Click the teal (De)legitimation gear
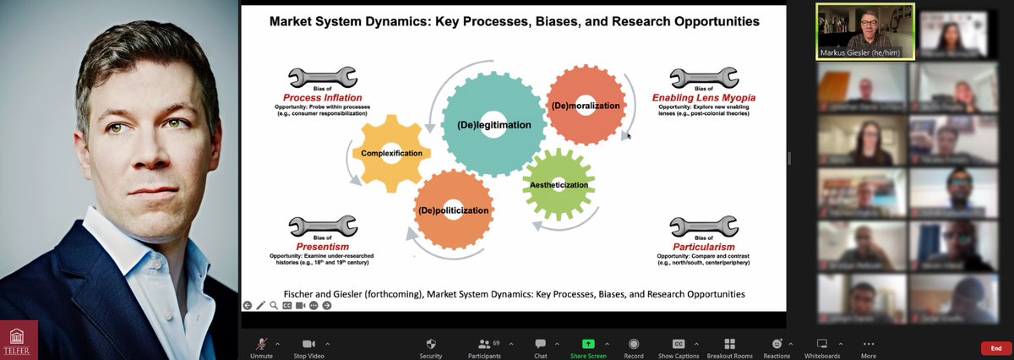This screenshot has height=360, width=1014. (494, 124)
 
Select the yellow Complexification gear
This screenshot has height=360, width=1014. (390, 153)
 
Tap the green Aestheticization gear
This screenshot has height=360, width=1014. (559, 183)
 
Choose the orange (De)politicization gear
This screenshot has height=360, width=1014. (453, 210)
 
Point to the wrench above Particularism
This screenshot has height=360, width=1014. (703, 226)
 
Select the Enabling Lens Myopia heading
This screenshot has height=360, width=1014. (704, 98)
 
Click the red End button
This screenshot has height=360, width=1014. (996, 348)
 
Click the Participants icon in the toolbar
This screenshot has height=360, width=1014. (484, 344)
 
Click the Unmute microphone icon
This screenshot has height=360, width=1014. (262, 344)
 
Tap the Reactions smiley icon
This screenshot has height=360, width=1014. (777, 344)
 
